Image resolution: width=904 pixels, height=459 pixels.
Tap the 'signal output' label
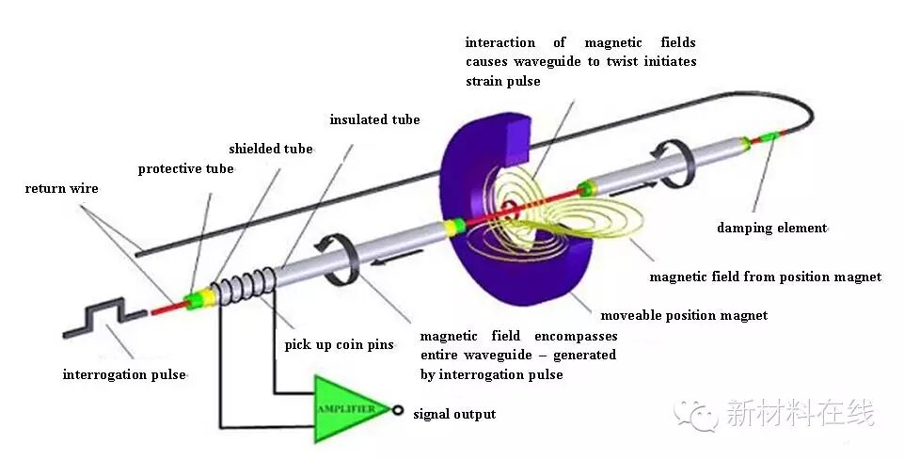point(454,414)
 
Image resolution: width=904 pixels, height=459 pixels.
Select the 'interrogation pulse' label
point(124,374)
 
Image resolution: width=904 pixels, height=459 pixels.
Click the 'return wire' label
point(61,189)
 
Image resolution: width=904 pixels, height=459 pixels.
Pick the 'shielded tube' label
point(271,149)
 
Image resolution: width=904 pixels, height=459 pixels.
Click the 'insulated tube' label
point(374,120)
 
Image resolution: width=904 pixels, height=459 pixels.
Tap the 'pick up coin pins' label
point(339,345)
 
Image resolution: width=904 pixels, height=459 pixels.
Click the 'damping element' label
point(771,229)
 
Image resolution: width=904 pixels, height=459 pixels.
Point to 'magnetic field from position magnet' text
point(766,277)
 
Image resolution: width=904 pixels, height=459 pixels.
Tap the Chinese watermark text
point(800,413)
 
